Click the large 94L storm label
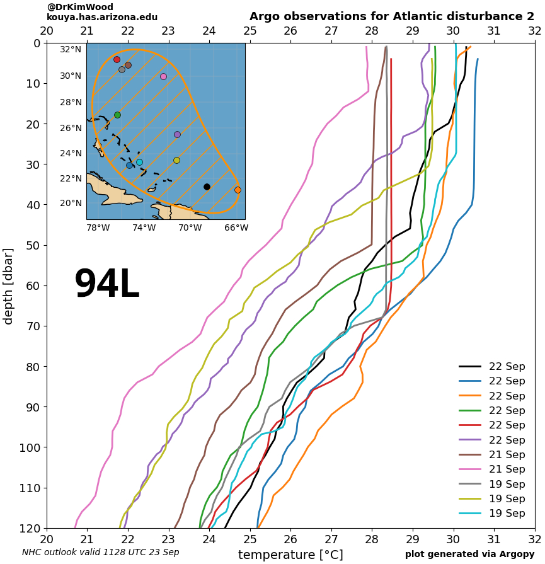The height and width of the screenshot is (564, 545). [x=106, y=285]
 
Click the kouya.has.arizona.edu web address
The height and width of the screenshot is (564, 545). [x=102, y=17]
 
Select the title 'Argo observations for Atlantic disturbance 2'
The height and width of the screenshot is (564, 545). [x=391, y=16]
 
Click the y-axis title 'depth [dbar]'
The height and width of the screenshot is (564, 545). [x=8, y=285]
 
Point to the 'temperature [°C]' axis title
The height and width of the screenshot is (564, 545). [x=290, y=555]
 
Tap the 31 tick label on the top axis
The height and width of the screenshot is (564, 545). [x=493, y=30]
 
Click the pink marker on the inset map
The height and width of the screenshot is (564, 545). [x=163, y=76]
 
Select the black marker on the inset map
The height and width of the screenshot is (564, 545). [x=207, y=187]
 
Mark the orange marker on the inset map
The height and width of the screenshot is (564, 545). [x=238, y=190]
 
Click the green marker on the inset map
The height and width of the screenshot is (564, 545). [x=117, y=115]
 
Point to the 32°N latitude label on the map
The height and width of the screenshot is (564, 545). [x=71, y=49]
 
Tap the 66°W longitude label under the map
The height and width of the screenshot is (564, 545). [x=236, y=227]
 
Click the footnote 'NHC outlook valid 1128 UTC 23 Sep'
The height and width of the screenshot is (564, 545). [x=101, y=552]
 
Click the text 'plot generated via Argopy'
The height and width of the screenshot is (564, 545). [x=469, y=554]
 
